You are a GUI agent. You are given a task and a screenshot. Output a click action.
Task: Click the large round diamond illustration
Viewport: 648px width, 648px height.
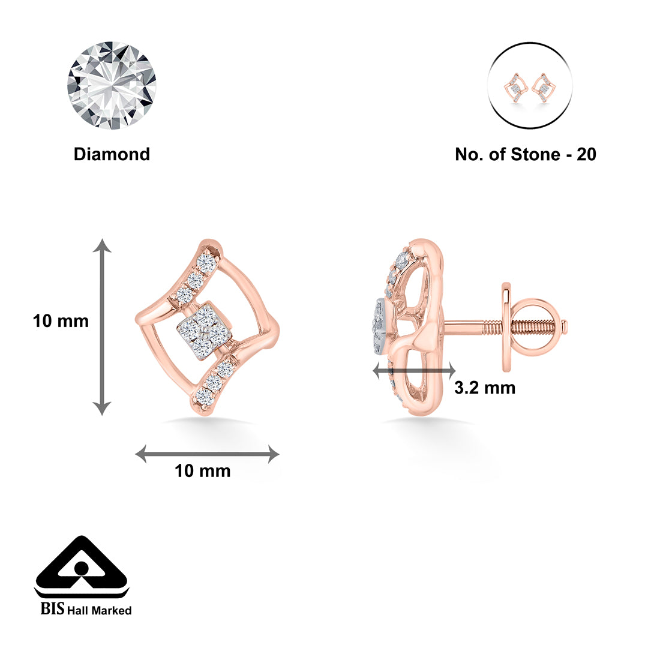point(112,86)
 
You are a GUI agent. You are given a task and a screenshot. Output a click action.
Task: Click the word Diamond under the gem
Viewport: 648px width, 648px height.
point(112,154)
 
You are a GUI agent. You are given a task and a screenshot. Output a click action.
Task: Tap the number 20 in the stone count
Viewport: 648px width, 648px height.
point(586,155)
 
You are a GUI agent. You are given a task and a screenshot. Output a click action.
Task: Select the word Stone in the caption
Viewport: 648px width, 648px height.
point(536,155)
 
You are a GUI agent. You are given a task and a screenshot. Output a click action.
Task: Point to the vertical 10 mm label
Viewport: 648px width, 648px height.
point(61,321)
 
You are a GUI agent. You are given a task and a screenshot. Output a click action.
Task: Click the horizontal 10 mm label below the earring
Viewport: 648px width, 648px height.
point(203,471)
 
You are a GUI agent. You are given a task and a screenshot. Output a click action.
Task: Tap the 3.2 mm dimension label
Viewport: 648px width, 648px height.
point(485,388)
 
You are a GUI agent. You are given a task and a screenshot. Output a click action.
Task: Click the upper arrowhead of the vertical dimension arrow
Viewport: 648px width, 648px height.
point(101,245)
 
